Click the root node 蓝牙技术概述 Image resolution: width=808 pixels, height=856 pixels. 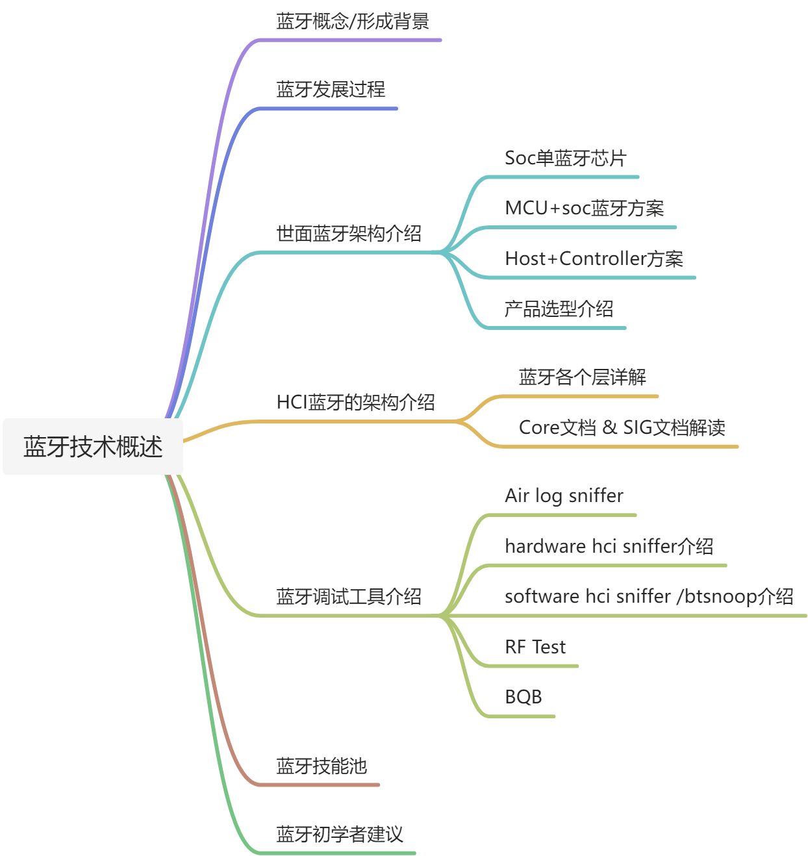(x=93, y=447)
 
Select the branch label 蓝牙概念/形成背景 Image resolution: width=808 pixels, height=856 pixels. (x=353, y=21)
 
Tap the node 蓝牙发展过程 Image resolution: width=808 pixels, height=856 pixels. (x=331, y=90)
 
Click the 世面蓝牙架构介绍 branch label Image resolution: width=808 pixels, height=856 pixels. (x=349, y=233)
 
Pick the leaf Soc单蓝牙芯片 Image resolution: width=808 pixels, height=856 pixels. (x=565, y=158)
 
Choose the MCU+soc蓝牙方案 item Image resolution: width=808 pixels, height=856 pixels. (x=584, y=208)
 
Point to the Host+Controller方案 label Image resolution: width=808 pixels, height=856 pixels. (x=594, y=258)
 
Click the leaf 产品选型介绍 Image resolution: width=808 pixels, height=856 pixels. (x=559, y=308)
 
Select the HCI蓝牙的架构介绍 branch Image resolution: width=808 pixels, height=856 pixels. (x=355, y=403)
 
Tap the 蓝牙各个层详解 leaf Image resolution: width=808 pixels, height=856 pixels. (x=582, y=377)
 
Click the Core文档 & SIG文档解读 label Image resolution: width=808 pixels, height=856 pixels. (x=622, y=427)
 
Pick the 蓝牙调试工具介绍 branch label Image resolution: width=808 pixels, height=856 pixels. (x=349, y=596)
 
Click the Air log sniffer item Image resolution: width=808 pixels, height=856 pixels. (x=564, y=496)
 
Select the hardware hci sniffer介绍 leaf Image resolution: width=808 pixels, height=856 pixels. (x=609, y=546)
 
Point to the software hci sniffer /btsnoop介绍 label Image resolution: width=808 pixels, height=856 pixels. (x=649, y=596)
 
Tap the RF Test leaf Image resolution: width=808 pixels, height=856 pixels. (x=535, y=647)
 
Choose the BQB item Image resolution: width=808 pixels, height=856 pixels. (x=523, y=697)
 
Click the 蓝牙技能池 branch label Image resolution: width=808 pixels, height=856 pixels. (x=322, y=766)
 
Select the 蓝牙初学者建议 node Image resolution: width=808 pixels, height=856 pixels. (x=340, y=834)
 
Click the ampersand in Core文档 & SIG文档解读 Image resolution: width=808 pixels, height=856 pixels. (x=609, y=427)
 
